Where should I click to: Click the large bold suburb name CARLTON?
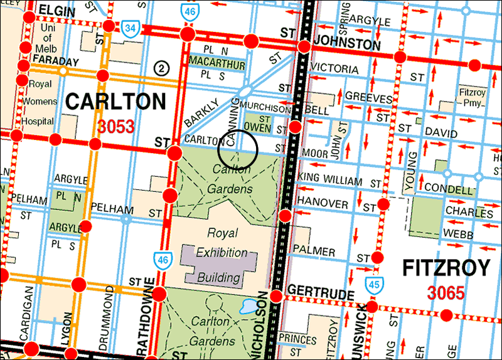(x=116, y=102)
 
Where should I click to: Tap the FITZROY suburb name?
(x=446, y=269)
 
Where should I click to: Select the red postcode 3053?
(x=116, y=126)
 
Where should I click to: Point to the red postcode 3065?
(x=446, y=292)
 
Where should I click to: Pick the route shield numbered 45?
(x=374, y=283)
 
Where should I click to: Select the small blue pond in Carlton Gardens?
(x=248, y=306)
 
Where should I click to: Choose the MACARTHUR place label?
(x=216, y=63)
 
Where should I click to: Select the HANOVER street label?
(x=323, y=204)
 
